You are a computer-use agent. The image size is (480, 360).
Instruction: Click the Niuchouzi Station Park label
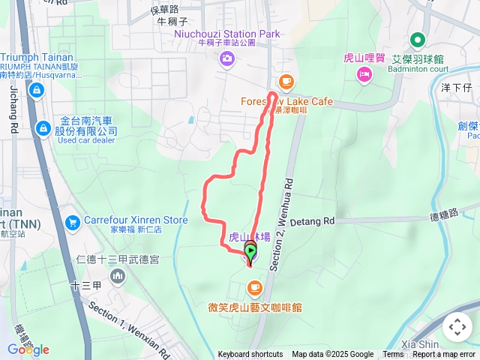pos(226,34)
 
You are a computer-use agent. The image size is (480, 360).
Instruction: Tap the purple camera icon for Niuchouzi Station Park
pos(226,58)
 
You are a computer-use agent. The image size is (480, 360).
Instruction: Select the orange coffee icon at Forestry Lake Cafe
pos(285,82)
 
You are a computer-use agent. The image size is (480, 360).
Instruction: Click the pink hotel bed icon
pos(364,73)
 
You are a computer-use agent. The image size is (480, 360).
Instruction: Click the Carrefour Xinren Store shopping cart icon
pos(73,222)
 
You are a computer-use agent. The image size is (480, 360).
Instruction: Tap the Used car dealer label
pos(88,140)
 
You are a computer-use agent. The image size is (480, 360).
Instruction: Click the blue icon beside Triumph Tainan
pos(35,90)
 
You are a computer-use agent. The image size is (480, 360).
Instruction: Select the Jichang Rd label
pos(14,105)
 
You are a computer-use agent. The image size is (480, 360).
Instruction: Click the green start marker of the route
pos(250,252)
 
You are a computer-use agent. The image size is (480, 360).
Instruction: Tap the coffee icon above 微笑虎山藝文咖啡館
pos(254,287)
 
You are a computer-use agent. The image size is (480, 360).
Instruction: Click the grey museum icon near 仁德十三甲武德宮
pos(118,277)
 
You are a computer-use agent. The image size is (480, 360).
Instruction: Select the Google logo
pos(28,349)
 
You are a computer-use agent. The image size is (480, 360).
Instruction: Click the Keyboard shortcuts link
pos(250,355)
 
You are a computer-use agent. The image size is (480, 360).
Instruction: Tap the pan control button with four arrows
pos(457,327)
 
